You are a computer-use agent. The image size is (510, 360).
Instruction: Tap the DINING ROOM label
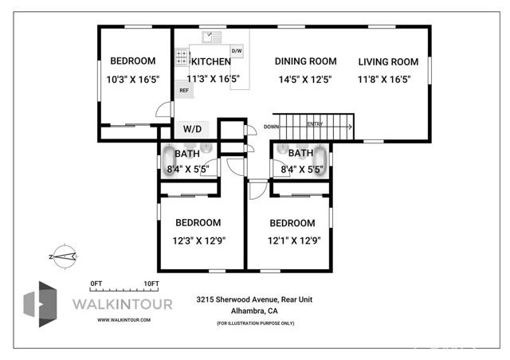(305, 61)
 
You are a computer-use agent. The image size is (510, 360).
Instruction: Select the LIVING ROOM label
(388, 61)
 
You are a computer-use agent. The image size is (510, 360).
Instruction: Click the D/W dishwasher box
(237, 51)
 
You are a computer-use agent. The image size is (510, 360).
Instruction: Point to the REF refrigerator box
(183, 91)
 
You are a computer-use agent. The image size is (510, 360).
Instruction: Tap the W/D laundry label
(193, 128)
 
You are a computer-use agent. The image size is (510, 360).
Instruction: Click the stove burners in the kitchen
(182, 58)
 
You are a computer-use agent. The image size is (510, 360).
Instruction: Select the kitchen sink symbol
(212, 37)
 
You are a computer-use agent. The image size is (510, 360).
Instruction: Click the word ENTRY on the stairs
(315, 123)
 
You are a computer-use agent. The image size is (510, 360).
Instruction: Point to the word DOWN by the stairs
(272, 127)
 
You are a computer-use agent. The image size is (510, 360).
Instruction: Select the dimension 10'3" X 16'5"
(132, 79)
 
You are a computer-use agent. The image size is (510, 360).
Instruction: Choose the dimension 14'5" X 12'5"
(305, 79)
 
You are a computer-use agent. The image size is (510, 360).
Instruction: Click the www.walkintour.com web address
(124, 319)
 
